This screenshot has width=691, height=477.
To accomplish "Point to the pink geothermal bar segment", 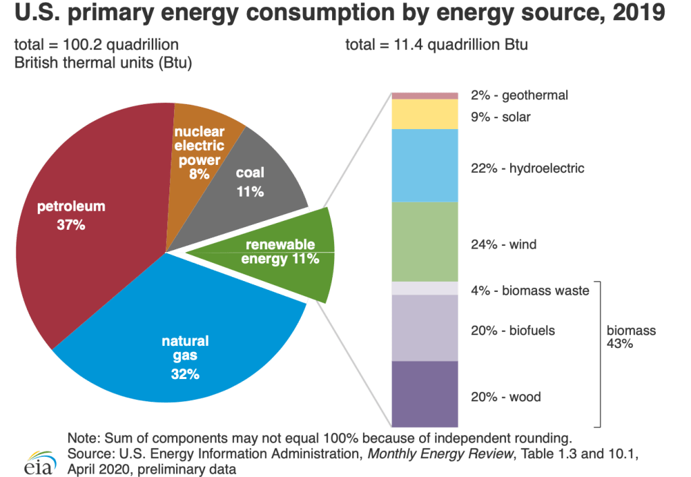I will point(425,95).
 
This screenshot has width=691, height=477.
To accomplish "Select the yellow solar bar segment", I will point(425,114).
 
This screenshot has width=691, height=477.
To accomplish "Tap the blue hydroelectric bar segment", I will point(425,166).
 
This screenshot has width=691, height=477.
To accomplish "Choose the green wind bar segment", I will point(425,241).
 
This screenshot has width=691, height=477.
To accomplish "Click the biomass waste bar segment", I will point(425,288).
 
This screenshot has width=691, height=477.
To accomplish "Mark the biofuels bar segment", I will point(425,328).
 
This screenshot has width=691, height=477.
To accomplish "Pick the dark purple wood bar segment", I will point(425,394).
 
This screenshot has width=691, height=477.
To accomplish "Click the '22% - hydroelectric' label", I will point(527,168).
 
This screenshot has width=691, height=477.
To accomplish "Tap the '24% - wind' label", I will point(503,244).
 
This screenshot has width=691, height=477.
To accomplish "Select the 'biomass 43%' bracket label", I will point(630,337).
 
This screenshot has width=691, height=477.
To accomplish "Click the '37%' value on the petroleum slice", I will point(71,225).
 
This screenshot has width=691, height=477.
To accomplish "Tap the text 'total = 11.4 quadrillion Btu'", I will point(436,45).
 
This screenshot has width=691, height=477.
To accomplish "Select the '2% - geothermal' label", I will point(519,95).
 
